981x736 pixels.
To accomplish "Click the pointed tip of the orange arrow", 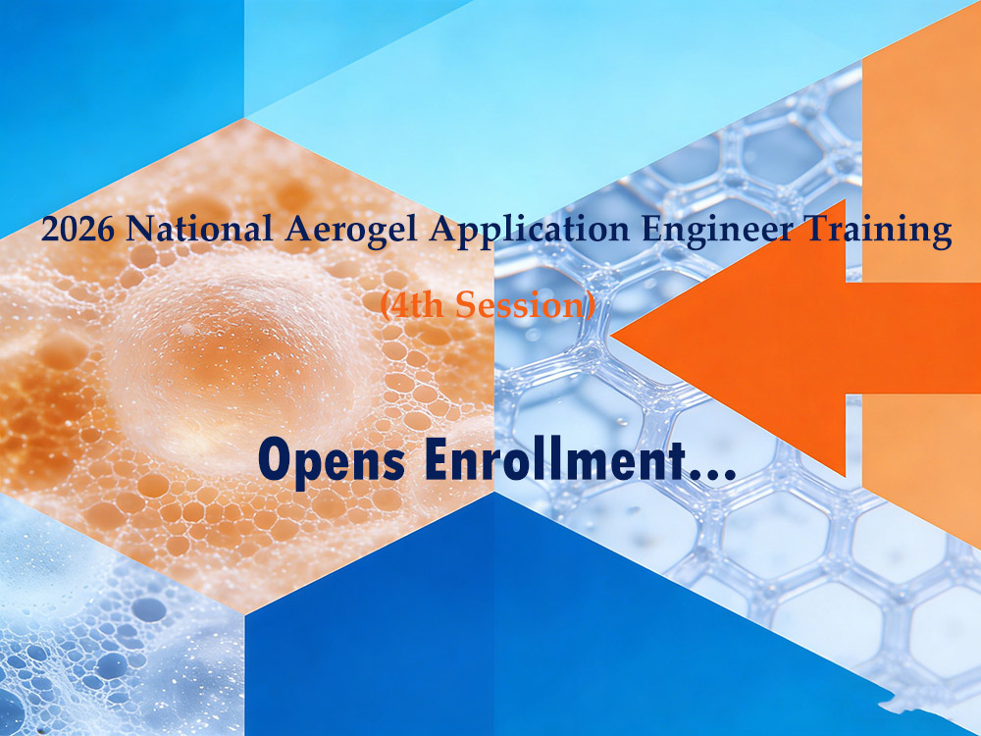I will [x=613, y=335].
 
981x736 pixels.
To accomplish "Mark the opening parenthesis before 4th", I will [x=385, y=306].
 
